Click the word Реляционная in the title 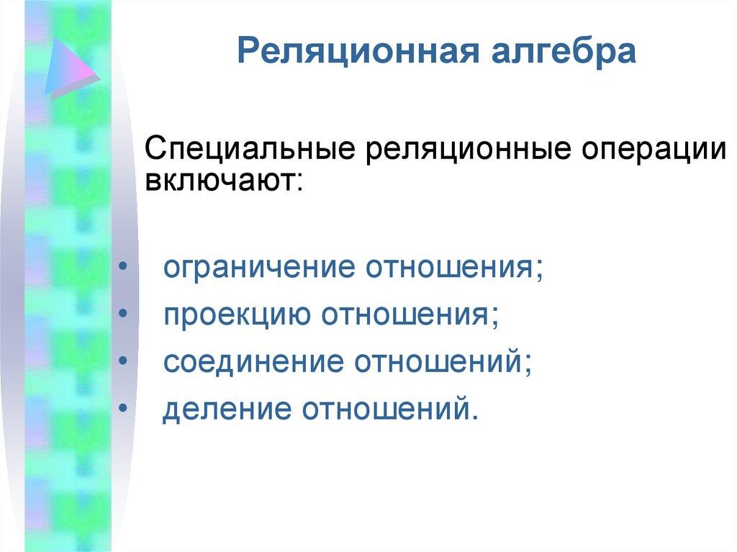coord(358,51)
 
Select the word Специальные coord(250,150)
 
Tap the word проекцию coord(238,316)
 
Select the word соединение coord(253,362)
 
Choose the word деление coord(227,409)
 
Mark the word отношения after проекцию coord(405,315)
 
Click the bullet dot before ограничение coord(123,266)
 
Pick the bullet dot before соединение coord(123,361)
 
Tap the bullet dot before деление coord(123,407)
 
